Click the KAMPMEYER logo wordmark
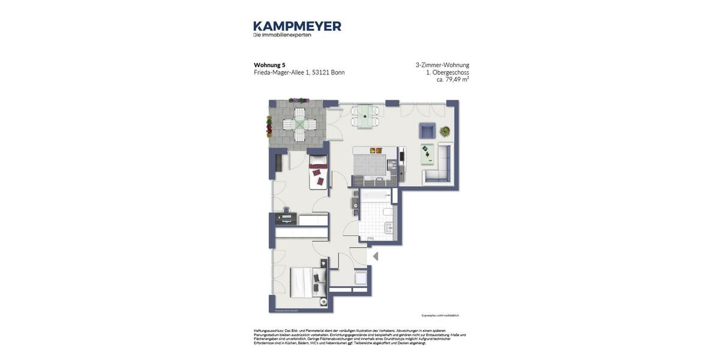click(297, 26)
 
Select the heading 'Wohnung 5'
click(269, 65)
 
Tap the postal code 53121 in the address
click(320, 73)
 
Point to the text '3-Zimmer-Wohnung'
click(442, 65)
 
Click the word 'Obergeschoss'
click(451, 72)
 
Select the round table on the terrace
click(299, 124)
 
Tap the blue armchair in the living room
click(427, 131)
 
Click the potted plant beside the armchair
click(445, 131)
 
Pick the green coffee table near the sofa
click(427, 154)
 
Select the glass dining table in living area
click(365, 116)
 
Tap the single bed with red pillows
click(318, 172)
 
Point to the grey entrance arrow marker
click(376, 256)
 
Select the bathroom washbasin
click(389, 227)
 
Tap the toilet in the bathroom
click(388, 211)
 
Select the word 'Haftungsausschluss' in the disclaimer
click(268, 331)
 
